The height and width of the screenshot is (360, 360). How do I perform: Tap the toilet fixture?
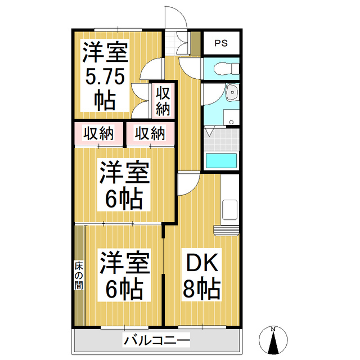[x=224, y=69]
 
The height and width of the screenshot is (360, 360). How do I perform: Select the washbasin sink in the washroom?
[x=231, y=93]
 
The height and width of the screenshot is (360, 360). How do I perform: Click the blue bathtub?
[x=222, y=160]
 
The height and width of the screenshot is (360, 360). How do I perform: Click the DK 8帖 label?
[x=201, y=277]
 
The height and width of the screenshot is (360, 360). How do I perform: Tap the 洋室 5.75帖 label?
[x=105, y=75]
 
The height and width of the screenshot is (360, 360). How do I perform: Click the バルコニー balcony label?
[x=157, y=340]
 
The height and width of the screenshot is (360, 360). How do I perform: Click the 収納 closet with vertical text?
[x=163, y=100]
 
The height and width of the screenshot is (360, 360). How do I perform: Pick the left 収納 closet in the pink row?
[x=98, y=133]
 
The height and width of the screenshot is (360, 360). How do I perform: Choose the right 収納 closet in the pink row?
[x=150, y=133]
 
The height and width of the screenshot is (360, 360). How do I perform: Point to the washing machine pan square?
[x=231, y=118]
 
